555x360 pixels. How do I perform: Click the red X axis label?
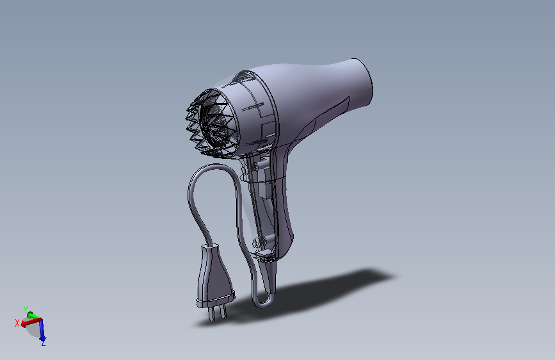click(x=17, y=322)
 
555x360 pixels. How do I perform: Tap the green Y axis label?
click(x=26, y=308)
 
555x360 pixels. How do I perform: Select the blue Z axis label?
click(x=43, y=343)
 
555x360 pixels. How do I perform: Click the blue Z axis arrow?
click(x=42, y=331)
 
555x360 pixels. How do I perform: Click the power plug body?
click(x=214, y=279)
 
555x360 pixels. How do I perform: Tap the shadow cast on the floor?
click(x=333, y=288)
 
